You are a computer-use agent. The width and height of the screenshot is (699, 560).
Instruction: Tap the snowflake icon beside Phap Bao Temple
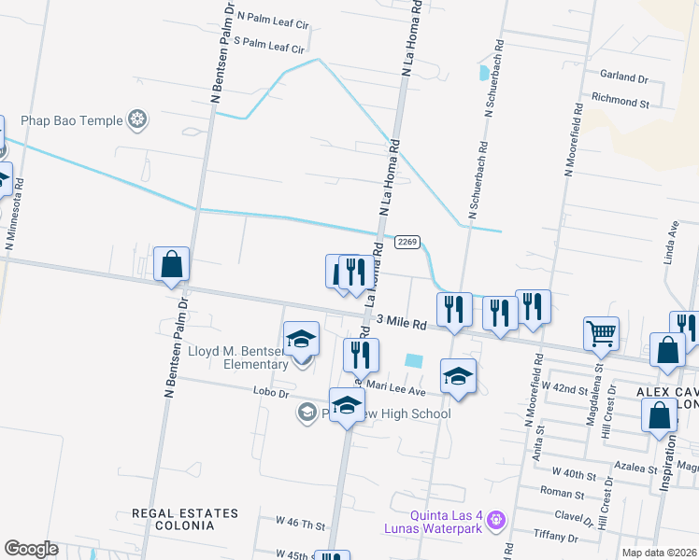pyautogui.click(x=137, y=119)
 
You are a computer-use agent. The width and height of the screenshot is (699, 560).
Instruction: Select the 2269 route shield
pyautogui.click(x=406, y=241)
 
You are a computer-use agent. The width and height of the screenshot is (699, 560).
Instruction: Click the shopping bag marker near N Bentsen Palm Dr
pyautogui.click(x=172, y=265)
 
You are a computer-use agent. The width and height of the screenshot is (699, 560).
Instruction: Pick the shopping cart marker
pyautogui.click(x=601, y=333)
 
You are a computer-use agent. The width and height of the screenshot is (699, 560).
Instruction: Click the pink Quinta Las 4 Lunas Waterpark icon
pyautogui.click(x=496, y=517)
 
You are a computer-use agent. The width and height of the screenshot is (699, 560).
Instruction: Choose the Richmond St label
pyautogui.click(x=621, y=97)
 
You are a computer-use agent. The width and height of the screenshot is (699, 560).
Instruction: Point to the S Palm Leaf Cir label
pyautogui.click(x=269, y=45)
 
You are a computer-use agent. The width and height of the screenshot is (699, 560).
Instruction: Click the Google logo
pyautogui.click(x=32, y=548)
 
